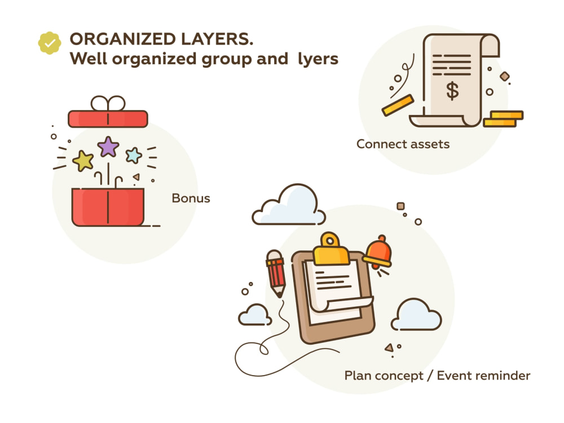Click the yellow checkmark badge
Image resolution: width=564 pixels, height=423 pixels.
(x=50, y=43)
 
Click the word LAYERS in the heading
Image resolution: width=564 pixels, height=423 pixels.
(x=217, y=39)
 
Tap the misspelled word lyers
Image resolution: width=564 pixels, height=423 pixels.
(x=318, y=59)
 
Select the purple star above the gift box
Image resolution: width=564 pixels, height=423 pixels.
(x=108, y=147)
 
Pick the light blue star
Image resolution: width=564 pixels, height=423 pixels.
(x=134, y=156)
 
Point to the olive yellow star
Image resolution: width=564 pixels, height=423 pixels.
(x=83, y=160)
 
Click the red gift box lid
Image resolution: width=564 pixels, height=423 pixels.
(x=108, y=119)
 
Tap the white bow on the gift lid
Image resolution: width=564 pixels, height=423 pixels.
(x=108, y=103)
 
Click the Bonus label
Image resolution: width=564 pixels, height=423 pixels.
(x=191, y=198)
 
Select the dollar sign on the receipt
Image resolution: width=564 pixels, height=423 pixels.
(x=452, y=90)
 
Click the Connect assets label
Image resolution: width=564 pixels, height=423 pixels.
(x=403, y=144)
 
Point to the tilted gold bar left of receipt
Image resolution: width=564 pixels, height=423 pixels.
(x=398, y=105)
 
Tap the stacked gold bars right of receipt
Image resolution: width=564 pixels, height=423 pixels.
(x=503, y=119)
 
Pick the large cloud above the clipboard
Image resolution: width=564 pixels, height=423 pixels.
(x=289, y=205)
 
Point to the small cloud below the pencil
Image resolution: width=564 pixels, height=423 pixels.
(x=255, y=315)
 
